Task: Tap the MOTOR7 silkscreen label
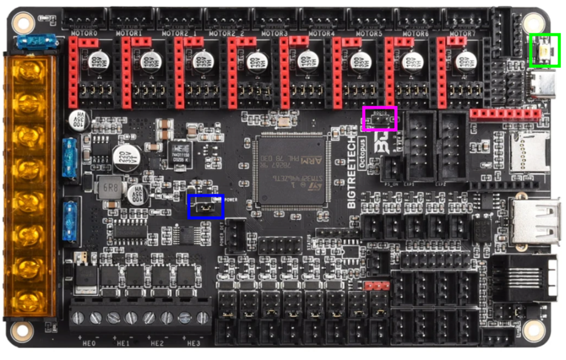(x=460, y=33)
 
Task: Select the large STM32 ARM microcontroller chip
(x=290, y=172)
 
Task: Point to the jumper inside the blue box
(x=206, y=207)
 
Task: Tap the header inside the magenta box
(x=380, y=120)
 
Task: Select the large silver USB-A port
(x=535, y=221)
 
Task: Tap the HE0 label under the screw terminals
(x=89, y=344)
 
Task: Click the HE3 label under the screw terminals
(x=193, y=344)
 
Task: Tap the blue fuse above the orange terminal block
(x=36, y=42)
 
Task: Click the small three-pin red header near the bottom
(x=377, y=285)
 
